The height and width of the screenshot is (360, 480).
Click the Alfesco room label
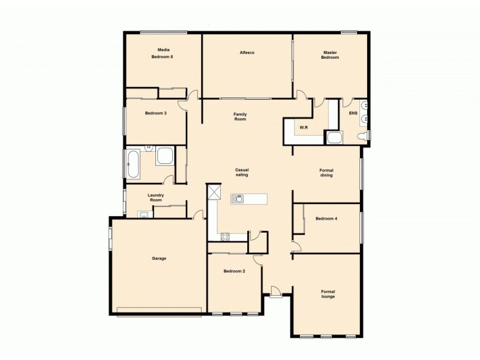[247, 53]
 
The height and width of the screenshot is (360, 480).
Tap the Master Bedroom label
[330, 55]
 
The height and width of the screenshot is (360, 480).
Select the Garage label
[159, 259]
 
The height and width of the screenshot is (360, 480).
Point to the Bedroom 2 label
[234, 271]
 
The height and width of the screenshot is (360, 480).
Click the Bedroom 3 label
[155, 113]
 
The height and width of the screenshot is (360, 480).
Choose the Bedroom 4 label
[326, 218]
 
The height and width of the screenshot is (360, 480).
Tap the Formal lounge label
[328, 294]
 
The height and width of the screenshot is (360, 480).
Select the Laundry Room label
[156, 197]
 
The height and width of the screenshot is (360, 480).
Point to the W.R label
[304, 127]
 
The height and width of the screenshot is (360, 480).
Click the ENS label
[353, 113]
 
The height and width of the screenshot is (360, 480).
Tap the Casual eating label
[242, 172]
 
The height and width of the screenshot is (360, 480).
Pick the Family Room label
[240, 116]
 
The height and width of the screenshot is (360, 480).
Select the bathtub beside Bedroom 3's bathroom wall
[133, 164]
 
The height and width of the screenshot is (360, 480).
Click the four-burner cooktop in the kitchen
[225, 236]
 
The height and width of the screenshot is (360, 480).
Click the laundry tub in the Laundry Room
[143, 214]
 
